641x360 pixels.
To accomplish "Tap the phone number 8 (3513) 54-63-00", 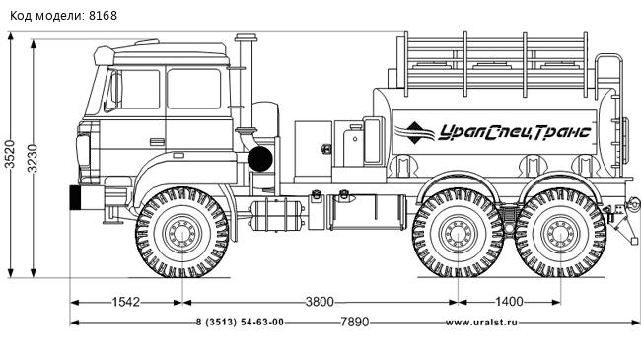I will coord(240,323).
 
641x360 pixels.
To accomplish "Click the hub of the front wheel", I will coord(182,235).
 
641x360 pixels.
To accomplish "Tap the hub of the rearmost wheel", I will coord(561,235).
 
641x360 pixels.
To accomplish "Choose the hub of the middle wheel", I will coord(459,235).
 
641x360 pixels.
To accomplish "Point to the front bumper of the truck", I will coord(74,197).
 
